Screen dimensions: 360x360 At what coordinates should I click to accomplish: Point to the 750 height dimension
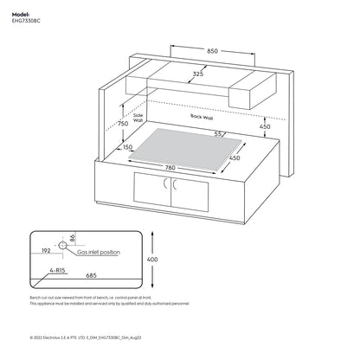click(x=124, y=124)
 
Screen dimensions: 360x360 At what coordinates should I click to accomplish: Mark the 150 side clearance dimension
click(x=128, y=148)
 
